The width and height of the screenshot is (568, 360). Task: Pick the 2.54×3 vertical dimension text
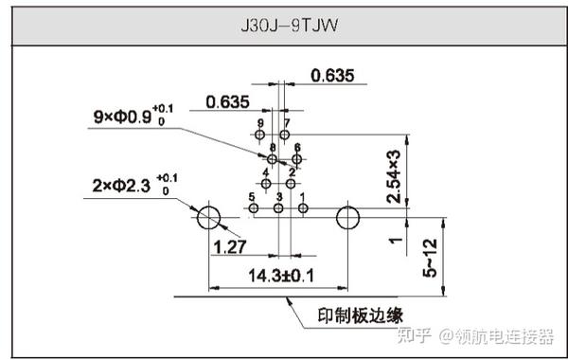click(x=394, y=176)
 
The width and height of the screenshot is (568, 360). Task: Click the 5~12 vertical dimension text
click(x=431, y=257)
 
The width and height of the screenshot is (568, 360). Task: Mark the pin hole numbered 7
click(x=284, y=135)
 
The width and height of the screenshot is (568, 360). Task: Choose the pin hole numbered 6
click(x=296, y=159)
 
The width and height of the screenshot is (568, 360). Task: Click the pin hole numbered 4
click(x=266, y=183)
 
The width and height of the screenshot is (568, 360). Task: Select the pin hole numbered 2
click(x=291, y=183)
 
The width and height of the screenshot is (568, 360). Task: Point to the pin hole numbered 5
click(x=254, y=207)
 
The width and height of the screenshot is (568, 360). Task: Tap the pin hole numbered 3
click(x=278, y=207)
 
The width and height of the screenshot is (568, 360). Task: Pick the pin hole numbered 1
click(x=302, y=207)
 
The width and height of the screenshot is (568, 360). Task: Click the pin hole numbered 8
click(x=273, y=159)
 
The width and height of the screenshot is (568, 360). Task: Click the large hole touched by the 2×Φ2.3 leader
click(x=208, y=218)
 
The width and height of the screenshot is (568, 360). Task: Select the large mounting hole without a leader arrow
click(x=347, y=217)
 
